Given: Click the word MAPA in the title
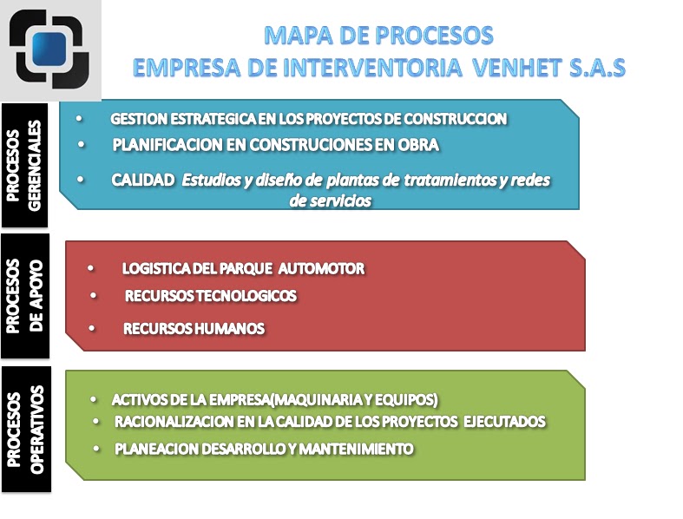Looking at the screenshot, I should (x=295, y=36).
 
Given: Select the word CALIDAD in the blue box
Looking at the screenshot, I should (x=142, y=180).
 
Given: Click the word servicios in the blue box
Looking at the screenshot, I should (x=329, y=200).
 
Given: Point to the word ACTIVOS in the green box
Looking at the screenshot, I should (x=137, y=400).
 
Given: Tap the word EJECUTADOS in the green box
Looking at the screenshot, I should (x=504, y=422).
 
